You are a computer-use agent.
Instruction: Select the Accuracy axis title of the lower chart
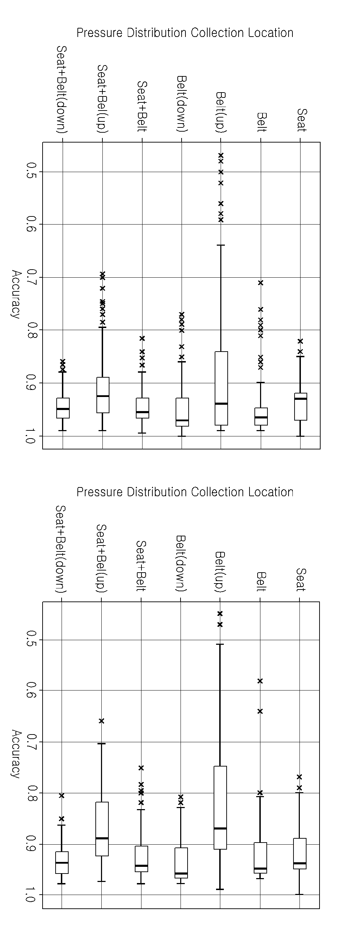click(16, 754)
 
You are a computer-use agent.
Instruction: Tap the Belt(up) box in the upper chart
click(221, 388)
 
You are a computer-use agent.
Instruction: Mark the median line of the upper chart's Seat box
click(300, 399)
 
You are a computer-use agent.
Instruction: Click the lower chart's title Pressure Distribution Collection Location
click(185, 492)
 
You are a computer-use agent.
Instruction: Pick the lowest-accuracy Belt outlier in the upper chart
click(260, 283)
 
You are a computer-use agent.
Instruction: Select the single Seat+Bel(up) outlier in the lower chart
click(101, 721)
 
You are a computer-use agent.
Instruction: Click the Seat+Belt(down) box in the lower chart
click(62, 862)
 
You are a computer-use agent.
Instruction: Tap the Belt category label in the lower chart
click(261, 581)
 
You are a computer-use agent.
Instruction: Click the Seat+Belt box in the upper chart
click(142, 408)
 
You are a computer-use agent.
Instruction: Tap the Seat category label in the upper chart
click(301, 120)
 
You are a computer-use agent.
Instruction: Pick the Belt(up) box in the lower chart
click(220, 808)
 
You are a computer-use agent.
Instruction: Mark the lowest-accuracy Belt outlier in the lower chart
click(260, 681)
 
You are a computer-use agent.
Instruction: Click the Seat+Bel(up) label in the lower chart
click(101, 558)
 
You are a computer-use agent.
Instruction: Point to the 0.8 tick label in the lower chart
click(32, 793)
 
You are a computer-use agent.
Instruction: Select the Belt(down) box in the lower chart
click(181, 863)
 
